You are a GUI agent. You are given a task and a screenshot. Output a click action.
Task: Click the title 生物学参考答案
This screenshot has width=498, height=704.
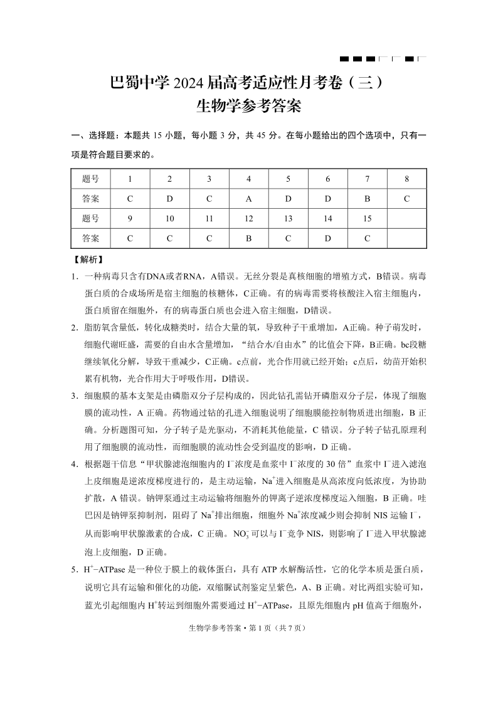pos(249,106)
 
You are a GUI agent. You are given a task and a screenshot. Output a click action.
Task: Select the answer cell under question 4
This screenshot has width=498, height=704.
pos(248,199)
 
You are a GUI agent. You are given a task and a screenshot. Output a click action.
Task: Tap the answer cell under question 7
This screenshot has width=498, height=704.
pos(367,199)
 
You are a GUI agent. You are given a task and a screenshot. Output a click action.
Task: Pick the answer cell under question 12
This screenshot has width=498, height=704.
pos(248,238)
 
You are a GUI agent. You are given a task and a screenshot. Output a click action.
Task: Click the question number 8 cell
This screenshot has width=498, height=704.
pos(406,179)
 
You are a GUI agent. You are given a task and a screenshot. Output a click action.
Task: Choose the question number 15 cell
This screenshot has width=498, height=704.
pos(367,219)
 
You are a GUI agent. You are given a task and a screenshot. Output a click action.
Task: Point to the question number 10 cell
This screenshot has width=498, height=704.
pos(169,219)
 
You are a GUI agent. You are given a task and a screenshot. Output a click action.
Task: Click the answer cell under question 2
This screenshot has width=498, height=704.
pos(169,199)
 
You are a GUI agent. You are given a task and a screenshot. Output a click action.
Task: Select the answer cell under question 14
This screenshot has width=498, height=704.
pos(327,238)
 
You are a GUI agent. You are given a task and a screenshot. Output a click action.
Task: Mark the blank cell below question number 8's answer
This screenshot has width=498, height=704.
pos(406,219)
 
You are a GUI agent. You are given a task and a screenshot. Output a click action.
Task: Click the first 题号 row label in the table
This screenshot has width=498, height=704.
pos(90,179)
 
